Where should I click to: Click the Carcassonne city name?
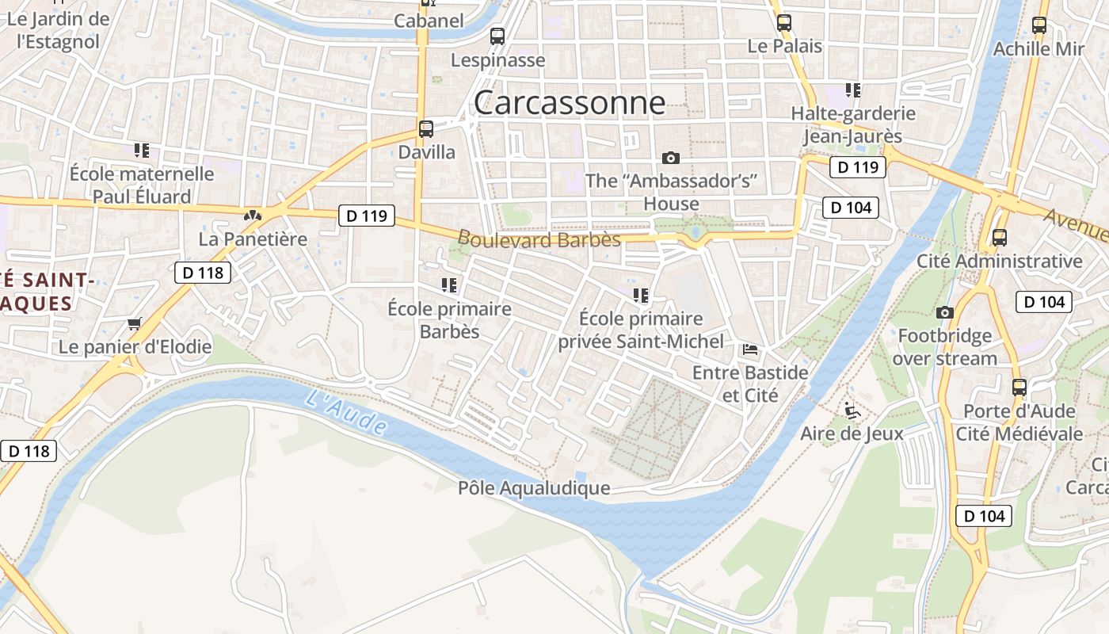point(570,103)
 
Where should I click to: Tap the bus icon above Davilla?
point(426,129)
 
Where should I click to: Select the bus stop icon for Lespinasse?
point(497,36)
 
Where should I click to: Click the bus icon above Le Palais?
point(784,23)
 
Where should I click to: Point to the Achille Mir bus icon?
point(1039,25)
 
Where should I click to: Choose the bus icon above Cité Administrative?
point(1000,238)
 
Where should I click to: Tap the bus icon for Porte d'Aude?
point(1019,388)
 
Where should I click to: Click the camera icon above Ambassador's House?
point(671,158)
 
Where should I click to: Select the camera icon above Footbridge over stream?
point(944,313)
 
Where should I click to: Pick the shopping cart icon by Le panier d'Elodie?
point(135,323)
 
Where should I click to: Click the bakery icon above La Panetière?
point(253,215)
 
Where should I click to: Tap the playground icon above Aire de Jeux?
point(852,411)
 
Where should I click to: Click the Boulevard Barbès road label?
point(539,239)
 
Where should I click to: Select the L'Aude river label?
point(345,413)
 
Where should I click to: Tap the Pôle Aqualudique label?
point(534,488)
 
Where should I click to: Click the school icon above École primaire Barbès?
point(449,285)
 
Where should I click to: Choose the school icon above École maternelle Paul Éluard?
point(142,150)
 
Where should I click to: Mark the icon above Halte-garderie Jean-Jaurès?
point(852,90)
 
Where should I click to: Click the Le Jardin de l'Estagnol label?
point(58,30)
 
